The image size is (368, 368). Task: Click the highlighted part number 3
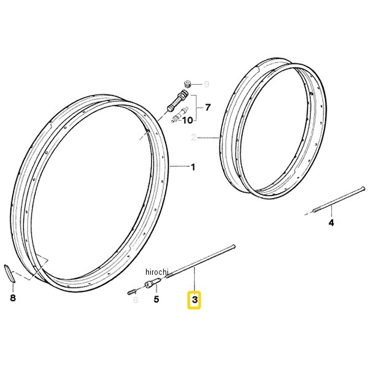point(194,300)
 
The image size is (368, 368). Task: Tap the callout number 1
point(193,167)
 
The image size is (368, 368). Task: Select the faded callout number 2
point(193,137)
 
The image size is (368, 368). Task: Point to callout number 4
point(331,223)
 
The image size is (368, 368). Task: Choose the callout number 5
point(156,299)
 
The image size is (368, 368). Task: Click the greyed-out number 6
point(136,299)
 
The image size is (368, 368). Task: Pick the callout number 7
point(208,108)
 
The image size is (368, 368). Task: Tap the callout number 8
point(13,298)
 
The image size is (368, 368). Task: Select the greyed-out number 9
point(206,84)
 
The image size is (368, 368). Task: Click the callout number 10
point(187,121)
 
